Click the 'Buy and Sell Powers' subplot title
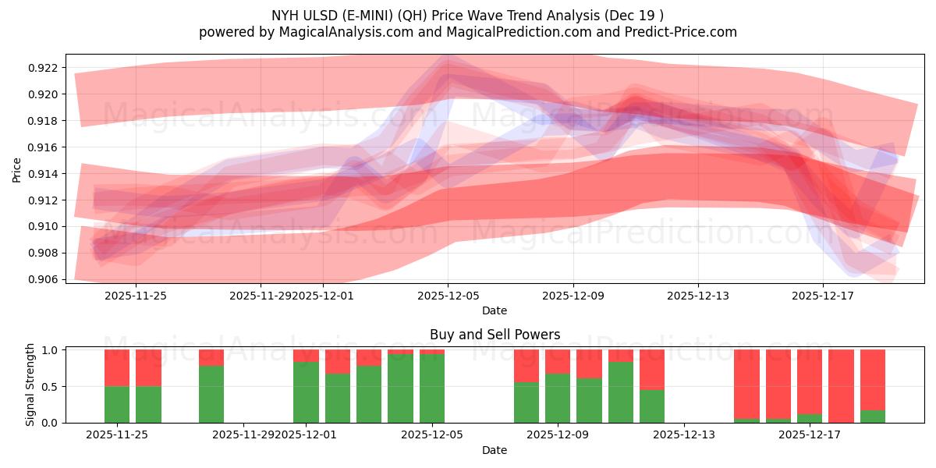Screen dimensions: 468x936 (495, 335)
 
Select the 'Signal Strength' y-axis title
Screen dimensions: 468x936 (30, 385)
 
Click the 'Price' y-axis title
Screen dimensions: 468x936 (17, 168)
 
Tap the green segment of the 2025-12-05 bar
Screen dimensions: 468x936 (432, 388)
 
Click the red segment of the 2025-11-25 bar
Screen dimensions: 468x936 (117, 367)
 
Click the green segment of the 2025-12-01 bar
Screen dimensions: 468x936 (306, 392)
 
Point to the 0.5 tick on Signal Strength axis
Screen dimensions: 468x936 (53, 387)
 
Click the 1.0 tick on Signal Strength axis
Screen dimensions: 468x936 (53, 350)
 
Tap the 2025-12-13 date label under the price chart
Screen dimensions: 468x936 (698, 296)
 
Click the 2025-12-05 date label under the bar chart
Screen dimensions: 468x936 (432, 435)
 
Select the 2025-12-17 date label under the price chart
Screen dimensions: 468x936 (823, 296)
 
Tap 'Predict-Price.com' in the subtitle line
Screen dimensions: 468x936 (680, 32)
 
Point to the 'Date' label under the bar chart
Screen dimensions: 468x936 (495, 450)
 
